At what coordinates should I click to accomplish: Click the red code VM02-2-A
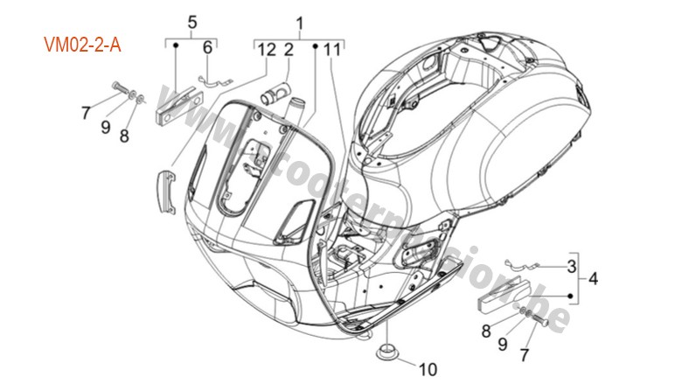(83, 44)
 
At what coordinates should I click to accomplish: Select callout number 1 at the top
(299, 20)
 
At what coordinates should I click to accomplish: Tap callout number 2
(288, 50)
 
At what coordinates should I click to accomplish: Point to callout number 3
(572, 265)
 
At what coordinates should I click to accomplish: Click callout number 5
(192, 20)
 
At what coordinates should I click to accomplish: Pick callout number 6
(207, 47)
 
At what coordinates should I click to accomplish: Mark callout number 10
(428, 367)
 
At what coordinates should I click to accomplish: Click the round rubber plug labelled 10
(386, 353)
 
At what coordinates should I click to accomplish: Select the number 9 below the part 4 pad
(502, 344)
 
